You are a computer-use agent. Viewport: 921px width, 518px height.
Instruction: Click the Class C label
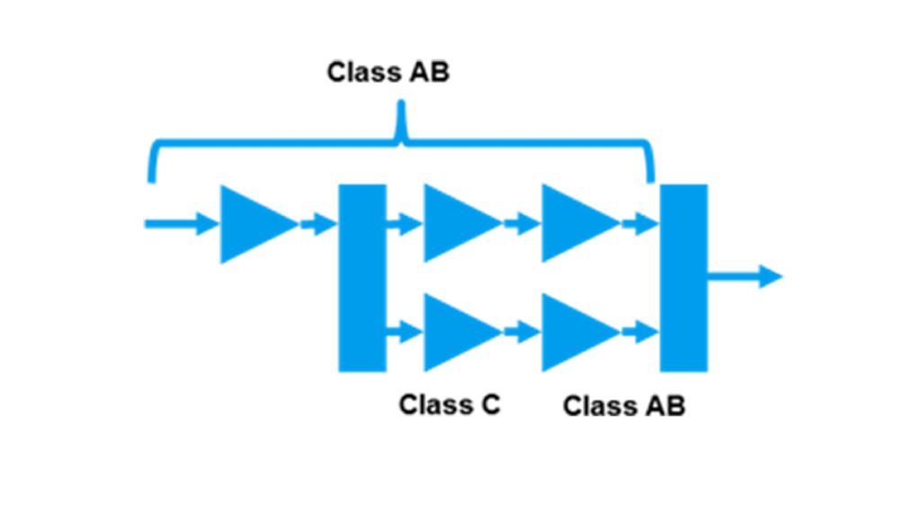coord(449,406)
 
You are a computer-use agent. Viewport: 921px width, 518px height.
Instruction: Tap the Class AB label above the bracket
coord(388,72)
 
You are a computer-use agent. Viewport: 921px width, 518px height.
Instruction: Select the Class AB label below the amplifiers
coord(623,406)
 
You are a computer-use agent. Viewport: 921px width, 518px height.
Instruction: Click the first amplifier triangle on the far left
coord(254,225)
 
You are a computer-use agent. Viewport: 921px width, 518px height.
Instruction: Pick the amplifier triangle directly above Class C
coord(457,332)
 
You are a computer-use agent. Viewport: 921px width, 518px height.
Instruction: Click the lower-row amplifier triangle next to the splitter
coord(457,332)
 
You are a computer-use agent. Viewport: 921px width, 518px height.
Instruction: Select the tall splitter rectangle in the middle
coord(362,277)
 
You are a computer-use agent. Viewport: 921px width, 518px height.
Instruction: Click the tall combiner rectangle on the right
coord(684,277)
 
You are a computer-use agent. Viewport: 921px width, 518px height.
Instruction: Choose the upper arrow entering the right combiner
coord(640,223)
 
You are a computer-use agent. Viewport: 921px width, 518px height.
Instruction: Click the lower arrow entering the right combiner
coord(640,333)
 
